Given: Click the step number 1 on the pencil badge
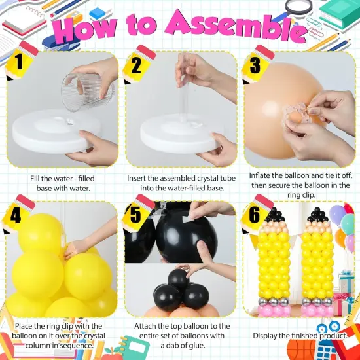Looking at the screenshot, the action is (19, 62).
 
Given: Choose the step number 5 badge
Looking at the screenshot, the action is (137, 214).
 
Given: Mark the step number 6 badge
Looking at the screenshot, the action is (257, 214).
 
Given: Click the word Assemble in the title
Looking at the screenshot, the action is (236, 26).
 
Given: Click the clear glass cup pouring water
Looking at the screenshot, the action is (87, 92).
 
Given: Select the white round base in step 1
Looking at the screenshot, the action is (56, 130).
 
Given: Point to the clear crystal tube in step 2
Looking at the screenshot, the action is (185, 101).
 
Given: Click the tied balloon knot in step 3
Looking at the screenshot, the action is (295, 116).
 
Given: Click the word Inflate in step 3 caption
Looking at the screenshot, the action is (259, 175).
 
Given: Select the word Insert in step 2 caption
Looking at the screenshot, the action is (136, 179).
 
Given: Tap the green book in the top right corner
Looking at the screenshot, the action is (340, 14).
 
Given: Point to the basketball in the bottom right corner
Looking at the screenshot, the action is (301, 350).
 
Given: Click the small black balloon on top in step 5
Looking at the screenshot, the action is (178, 279).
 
